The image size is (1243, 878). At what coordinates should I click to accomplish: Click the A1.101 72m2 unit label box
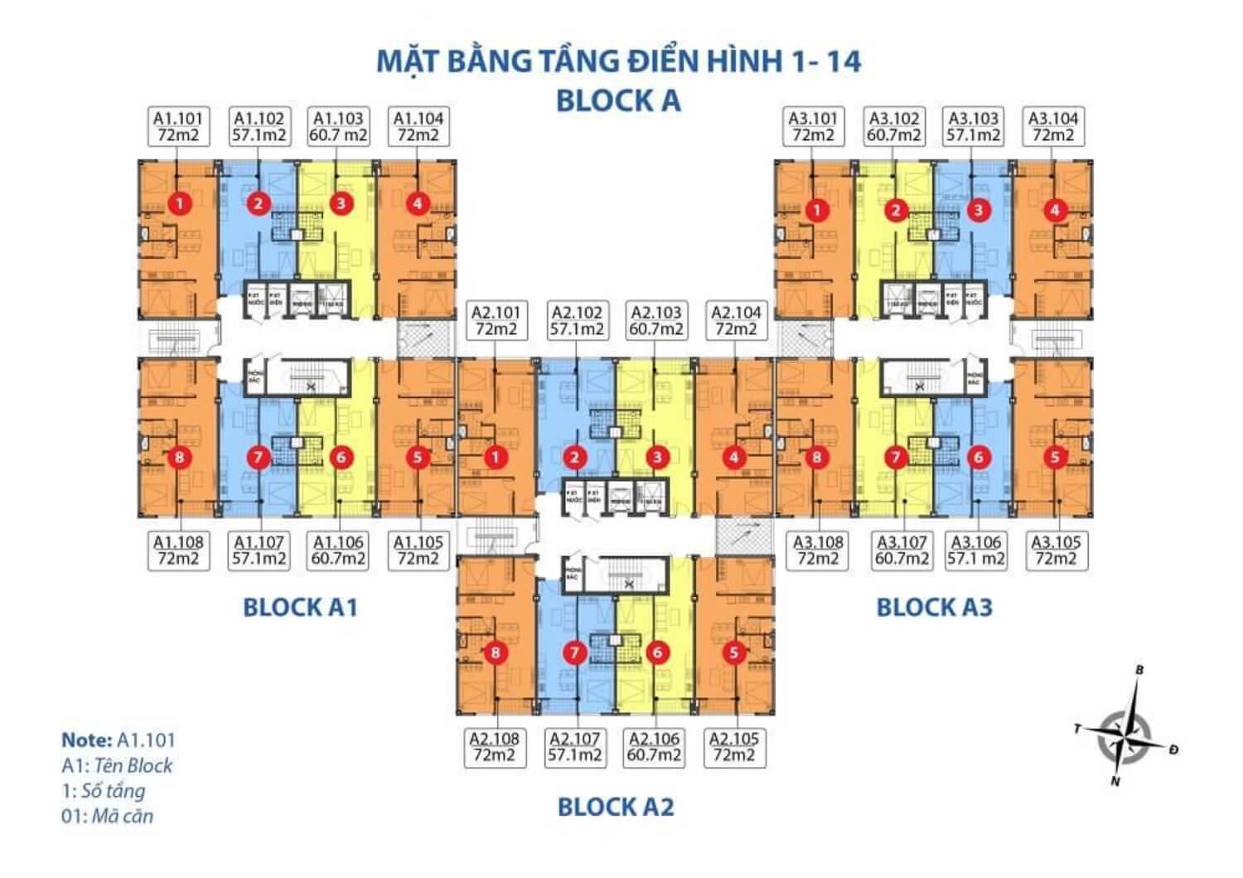(x=178, y=127)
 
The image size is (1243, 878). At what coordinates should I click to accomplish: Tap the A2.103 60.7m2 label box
(x=656, y=321)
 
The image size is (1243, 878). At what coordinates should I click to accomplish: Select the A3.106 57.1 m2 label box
(x=976, y=551)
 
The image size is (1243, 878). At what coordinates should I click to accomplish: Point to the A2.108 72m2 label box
(x=495, y=747)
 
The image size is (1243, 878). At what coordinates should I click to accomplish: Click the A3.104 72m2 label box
(x=1053, y=127)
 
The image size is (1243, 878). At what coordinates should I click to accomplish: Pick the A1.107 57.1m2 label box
(x=259, y=551)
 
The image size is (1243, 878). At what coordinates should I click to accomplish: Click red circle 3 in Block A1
(x=341, y=203)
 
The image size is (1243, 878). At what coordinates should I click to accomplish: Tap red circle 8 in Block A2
(x=496, y=653)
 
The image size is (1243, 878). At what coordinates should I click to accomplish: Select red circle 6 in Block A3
(x=979, y=457)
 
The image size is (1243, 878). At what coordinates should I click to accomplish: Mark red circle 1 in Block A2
(x=496, y=457)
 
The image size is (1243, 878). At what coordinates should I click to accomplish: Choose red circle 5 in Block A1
(x=418, y=457)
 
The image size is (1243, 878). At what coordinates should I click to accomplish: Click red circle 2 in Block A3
(x=896, y=210)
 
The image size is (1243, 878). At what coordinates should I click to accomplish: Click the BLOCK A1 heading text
(x=300, y=608)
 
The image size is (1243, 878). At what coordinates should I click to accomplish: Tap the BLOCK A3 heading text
(x=934, y=608)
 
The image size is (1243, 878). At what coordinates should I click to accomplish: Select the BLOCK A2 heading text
(x=616, y=807)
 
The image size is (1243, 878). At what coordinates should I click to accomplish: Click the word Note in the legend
(x=86, y=740)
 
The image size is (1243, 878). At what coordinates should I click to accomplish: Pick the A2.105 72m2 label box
(x=734, y=747)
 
